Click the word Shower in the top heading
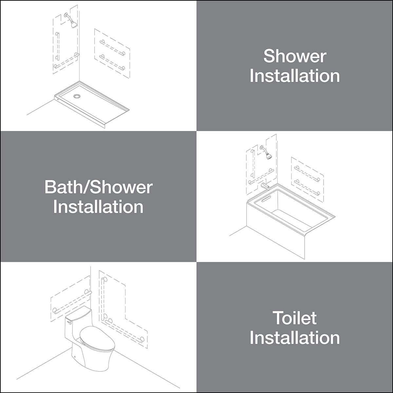[x=295, y=56]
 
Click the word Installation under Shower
[x=295, y=76]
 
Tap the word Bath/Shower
[x=98, y=187]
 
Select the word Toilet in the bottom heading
[x=295, y=318]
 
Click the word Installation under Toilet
[x=295, y=338]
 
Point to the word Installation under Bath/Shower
[x=98, y=207]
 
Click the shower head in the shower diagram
[x=74, y=24]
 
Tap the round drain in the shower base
[x=77, y=96]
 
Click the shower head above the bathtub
[x=269, y=156]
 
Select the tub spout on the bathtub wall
[x=266, y=187]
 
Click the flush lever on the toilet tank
[x=69, y=323]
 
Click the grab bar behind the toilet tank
[x=72, y=302]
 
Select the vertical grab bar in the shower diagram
[x=58, y=46]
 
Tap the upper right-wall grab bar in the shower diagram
[x=112, y=48]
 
